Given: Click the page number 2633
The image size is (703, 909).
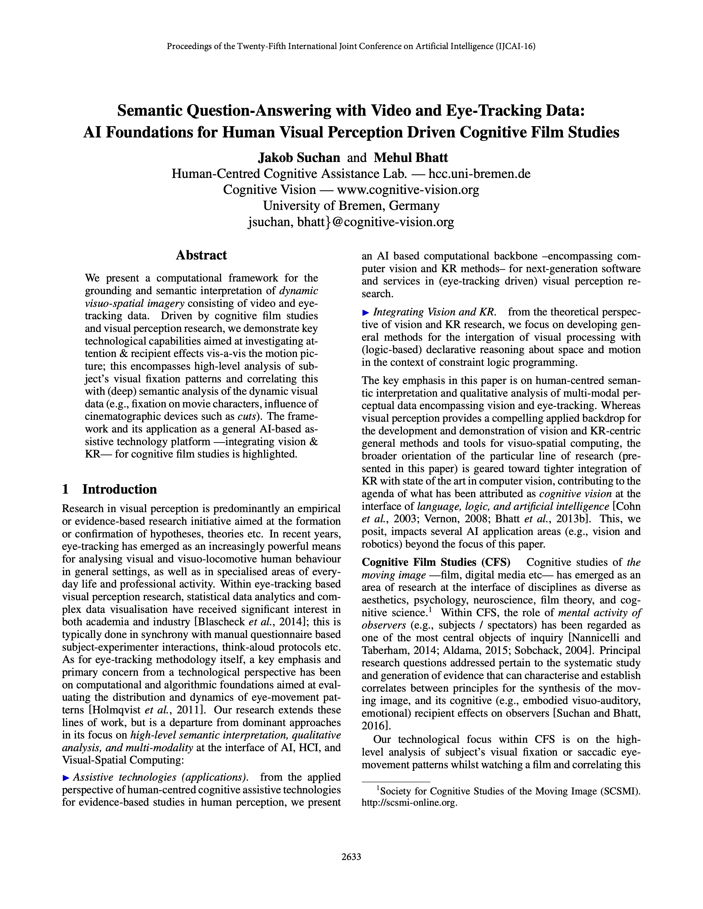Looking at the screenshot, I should tap(351, 857).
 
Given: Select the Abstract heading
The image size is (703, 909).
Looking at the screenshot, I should tap(201, 255).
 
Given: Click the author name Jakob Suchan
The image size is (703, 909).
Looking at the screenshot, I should tap(299, 158).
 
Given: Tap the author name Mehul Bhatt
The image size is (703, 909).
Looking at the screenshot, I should tap(411, 158).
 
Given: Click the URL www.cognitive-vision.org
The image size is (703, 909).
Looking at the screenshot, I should tap(408, 190).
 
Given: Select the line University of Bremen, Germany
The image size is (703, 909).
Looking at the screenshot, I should tap(351, 205).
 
